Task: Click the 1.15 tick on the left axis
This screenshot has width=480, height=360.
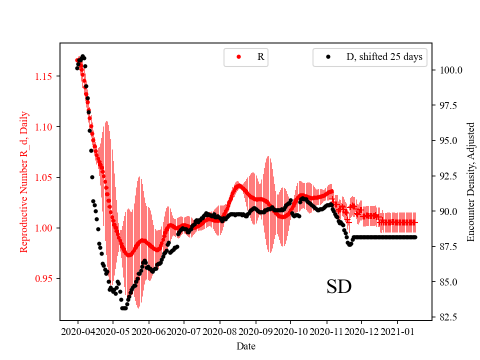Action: click(44, 76)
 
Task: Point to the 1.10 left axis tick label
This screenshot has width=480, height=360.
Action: click(44, 127)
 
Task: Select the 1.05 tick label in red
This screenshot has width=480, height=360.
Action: click(44, 177)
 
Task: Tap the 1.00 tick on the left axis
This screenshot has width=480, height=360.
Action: click(44, 228)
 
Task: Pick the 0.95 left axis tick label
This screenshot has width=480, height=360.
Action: click(44, 278)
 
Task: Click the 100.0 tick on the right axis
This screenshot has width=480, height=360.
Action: click(448, 70)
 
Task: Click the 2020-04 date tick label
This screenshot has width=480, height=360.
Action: click(78, 331)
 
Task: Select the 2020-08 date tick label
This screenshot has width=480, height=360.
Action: click(219, 331)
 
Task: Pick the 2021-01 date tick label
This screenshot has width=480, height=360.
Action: click(397, 331)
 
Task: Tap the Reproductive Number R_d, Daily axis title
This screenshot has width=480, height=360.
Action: click(23, 182)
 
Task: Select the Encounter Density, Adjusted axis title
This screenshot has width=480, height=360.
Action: click(470, 182)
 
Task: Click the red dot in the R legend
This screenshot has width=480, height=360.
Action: click(239, 57)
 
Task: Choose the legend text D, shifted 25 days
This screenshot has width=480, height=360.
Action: click(384, 57)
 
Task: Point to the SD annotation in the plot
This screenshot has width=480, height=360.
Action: click(339, 287)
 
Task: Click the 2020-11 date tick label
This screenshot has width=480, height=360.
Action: click(326, 331)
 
